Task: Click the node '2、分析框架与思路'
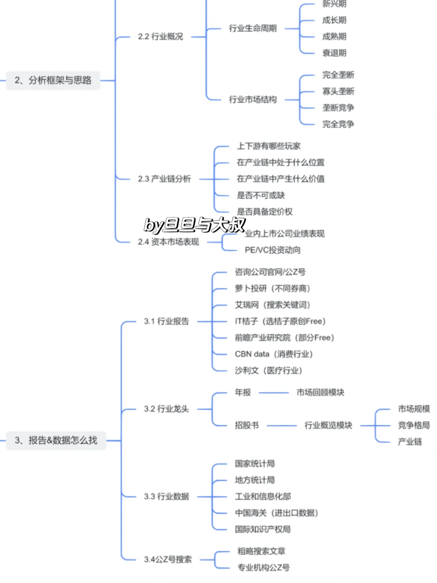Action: [53, 80]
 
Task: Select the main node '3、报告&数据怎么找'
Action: [56, 440]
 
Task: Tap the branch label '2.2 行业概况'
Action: [160, 36]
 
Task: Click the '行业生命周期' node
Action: [252, 28]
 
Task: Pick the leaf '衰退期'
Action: [334, 53]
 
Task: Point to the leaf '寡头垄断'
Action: [338, 91]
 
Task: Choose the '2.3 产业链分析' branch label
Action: [164, 179]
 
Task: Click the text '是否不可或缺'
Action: [261, 196]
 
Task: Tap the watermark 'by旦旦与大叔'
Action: [194, 225]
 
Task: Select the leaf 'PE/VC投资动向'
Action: [272, 250]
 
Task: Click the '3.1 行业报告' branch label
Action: [166, 321]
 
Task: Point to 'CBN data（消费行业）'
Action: [274, 354]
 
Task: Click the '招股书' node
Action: [246, 425]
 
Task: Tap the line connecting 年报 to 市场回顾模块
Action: [274, 393]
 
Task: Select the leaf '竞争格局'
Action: [414, 425]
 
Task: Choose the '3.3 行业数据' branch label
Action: [166, 496]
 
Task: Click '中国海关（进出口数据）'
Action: [276, 513]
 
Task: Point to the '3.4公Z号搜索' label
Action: [168, 560]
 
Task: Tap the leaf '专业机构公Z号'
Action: [263, 568]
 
